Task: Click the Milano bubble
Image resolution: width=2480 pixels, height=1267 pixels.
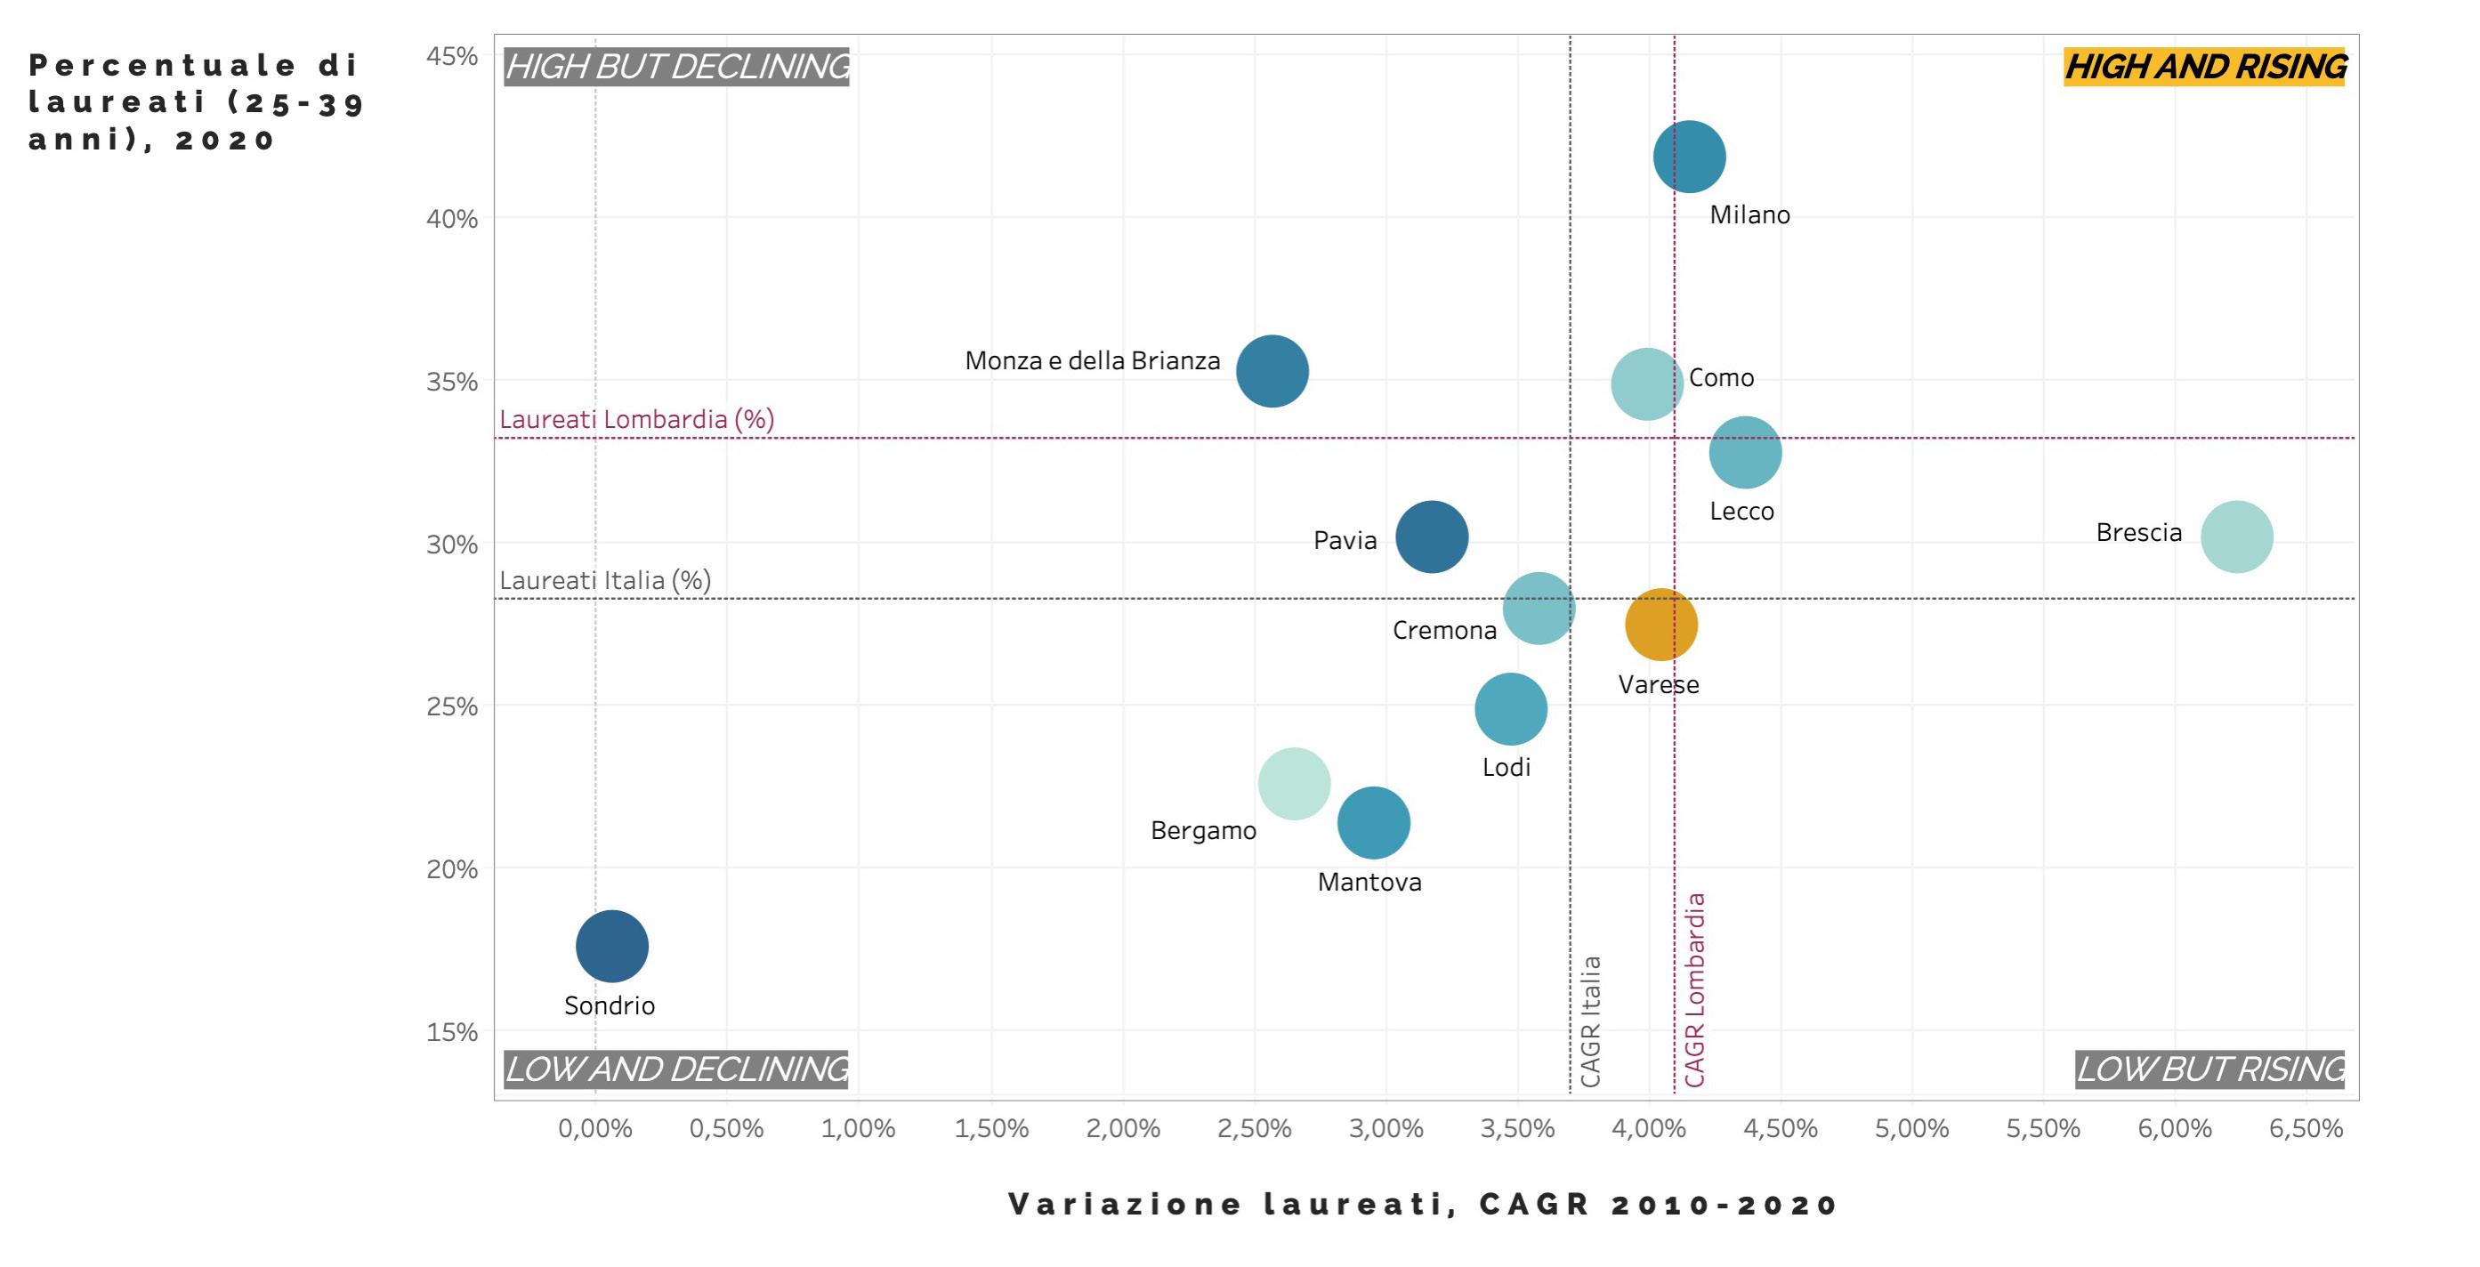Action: (1689, 157)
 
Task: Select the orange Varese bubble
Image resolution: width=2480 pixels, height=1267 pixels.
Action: (1660, 625)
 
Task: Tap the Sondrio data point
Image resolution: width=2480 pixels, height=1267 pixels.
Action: (612, 947)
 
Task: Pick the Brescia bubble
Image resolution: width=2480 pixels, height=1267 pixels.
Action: (2236, 537)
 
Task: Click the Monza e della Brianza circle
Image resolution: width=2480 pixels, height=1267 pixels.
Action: (1272, 372)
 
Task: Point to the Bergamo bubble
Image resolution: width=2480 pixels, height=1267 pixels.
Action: (1294, 784)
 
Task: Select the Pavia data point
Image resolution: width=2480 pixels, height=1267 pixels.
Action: (1432, 537)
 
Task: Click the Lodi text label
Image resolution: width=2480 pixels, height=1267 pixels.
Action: (1506, 767)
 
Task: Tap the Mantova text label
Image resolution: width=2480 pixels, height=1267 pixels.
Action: (1369, 882)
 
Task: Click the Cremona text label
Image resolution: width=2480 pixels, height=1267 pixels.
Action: (1444, 631)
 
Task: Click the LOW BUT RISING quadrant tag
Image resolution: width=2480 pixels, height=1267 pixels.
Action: (2209, 1069)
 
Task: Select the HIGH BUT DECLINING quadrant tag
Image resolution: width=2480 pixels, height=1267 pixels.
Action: (677, 68)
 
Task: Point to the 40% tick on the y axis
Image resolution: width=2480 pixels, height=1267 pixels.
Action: (451, 220)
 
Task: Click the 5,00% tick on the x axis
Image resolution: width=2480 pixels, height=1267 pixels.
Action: (1911, 1128)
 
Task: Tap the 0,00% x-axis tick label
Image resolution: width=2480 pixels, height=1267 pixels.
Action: (595, 1128)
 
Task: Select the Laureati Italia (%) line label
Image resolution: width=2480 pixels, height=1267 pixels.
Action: (604, 580)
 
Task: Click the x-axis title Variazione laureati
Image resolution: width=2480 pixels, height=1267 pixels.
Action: (1423, 1205)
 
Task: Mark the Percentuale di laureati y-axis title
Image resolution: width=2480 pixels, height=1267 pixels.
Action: (196, 102)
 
